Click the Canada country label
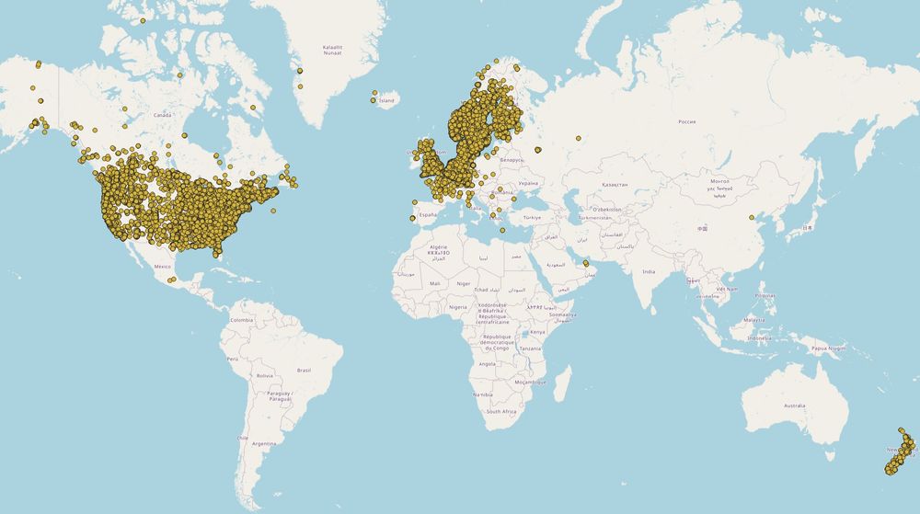[x=162, y=115]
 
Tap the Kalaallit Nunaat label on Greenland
[x=332, y=51]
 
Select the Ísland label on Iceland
[x=386, y=100]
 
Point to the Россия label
[x=686, y=121]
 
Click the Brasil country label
[x=304, y=370]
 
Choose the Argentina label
[x=264, y=443]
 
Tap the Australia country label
[x=794, y=405]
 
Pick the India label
[x=649, y=271]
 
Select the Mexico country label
[x=163, y=267]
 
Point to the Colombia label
[x=242, y=319]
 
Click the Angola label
[x=487, y=364]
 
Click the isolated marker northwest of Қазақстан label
[x=579, y=139]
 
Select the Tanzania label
[x=530, y=348]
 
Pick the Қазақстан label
[x=614, y=184]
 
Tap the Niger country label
[x=463, y=283]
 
